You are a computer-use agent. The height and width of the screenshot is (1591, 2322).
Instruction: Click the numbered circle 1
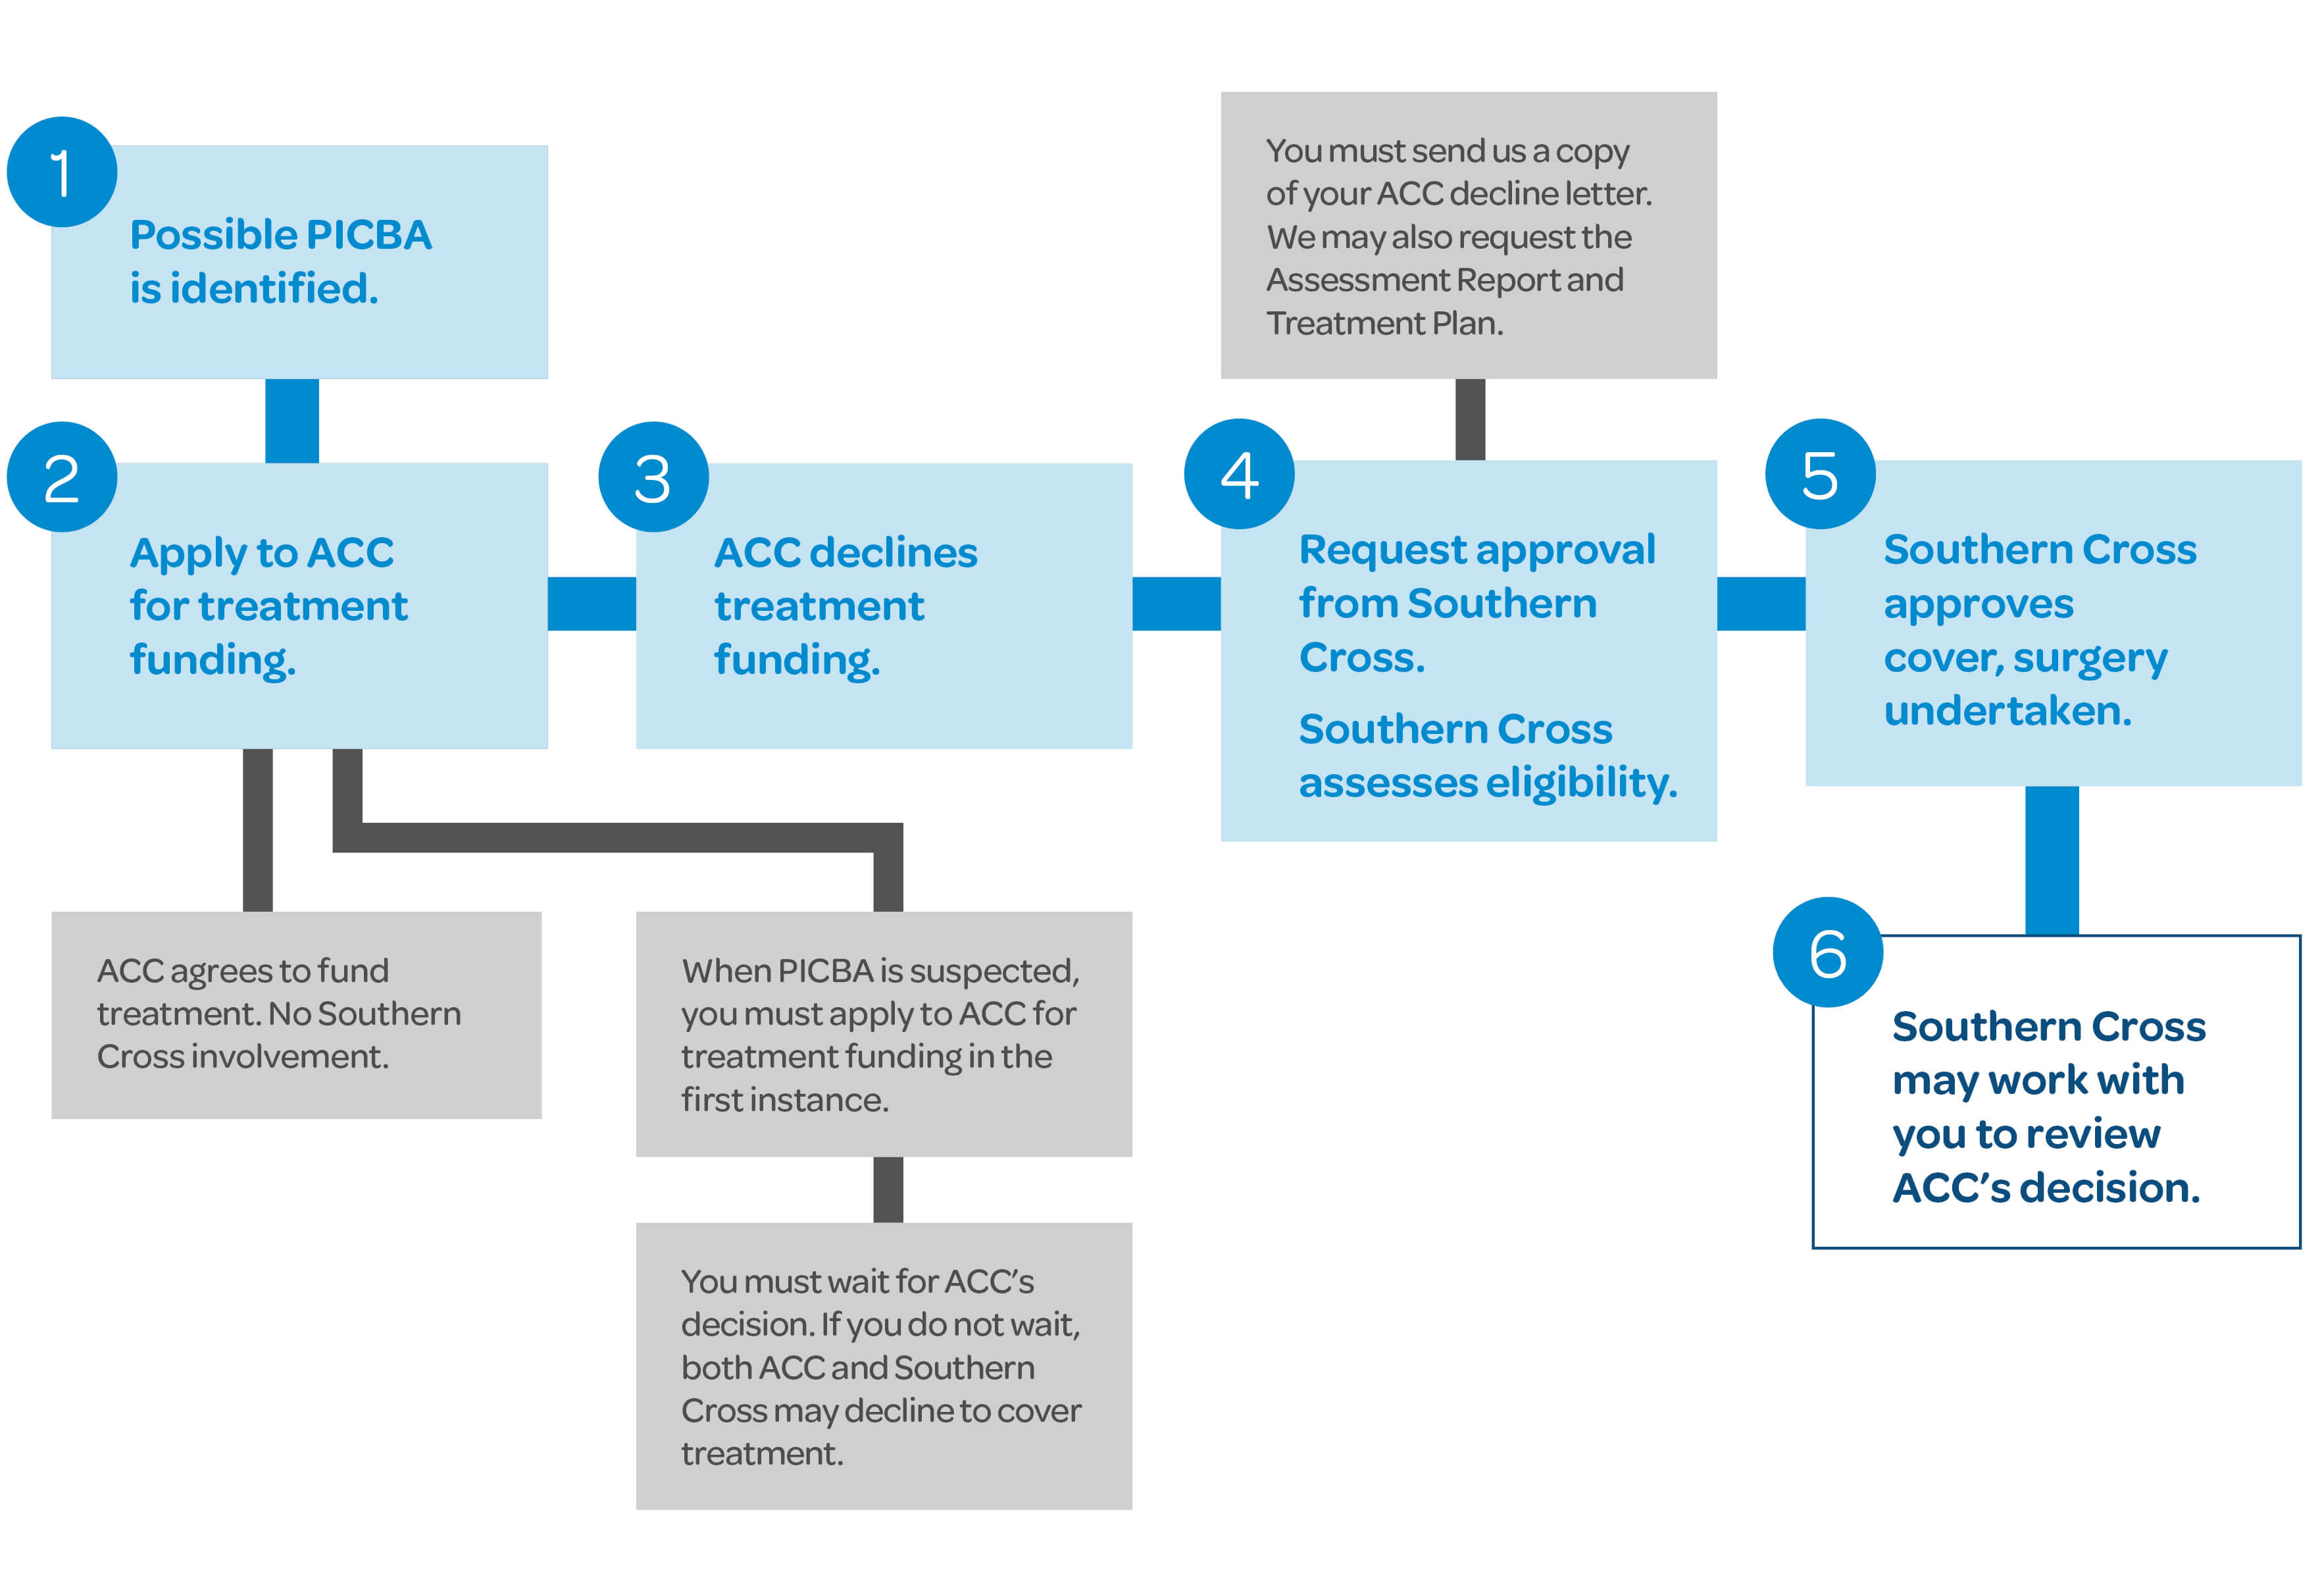tap(62, 172)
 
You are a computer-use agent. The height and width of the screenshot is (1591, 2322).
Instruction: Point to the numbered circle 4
tap(1239, 474)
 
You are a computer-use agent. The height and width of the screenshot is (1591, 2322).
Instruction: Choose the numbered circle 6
tap(1827, 952)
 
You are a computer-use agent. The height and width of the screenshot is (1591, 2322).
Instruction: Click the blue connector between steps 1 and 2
tap(291, 420)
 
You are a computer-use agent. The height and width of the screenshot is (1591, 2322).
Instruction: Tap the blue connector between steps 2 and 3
tap(592, 604)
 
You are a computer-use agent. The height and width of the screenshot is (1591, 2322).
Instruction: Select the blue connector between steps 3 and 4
tap(1176, 604)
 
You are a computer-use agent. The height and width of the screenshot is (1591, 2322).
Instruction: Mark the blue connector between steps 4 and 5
tap(1761, 604)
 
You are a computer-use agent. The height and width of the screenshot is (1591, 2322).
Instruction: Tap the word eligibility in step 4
tap(1580, 783)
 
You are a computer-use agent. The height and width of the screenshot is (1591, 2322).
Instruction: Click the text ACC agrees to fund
tap(243, 970)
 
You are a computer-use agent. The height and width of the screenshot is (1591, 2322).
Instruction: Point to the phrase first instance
tap(784, 1099)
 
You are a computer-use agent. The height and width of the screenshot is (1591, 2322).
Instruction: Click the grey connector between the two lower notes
tap(888, 1189)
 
